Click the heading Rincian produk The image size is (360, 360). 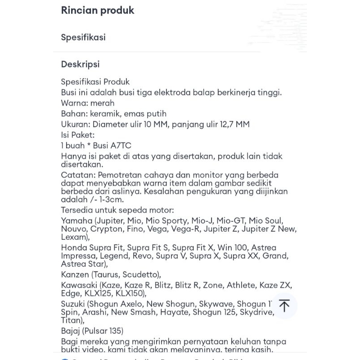[x=98, y=10]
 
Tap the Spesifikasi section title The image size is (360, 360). [x=83, y=37]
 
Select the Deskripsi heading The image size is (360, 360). [x=80, y=64]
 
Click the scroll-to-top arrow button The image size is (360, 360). [x=284, y=306]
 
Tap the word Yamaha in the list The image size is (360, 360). [x=76, y=220]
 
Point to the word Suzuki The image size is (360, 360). [x=73, y=304]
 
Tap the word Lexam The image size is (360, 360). [x=74, y=237]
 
